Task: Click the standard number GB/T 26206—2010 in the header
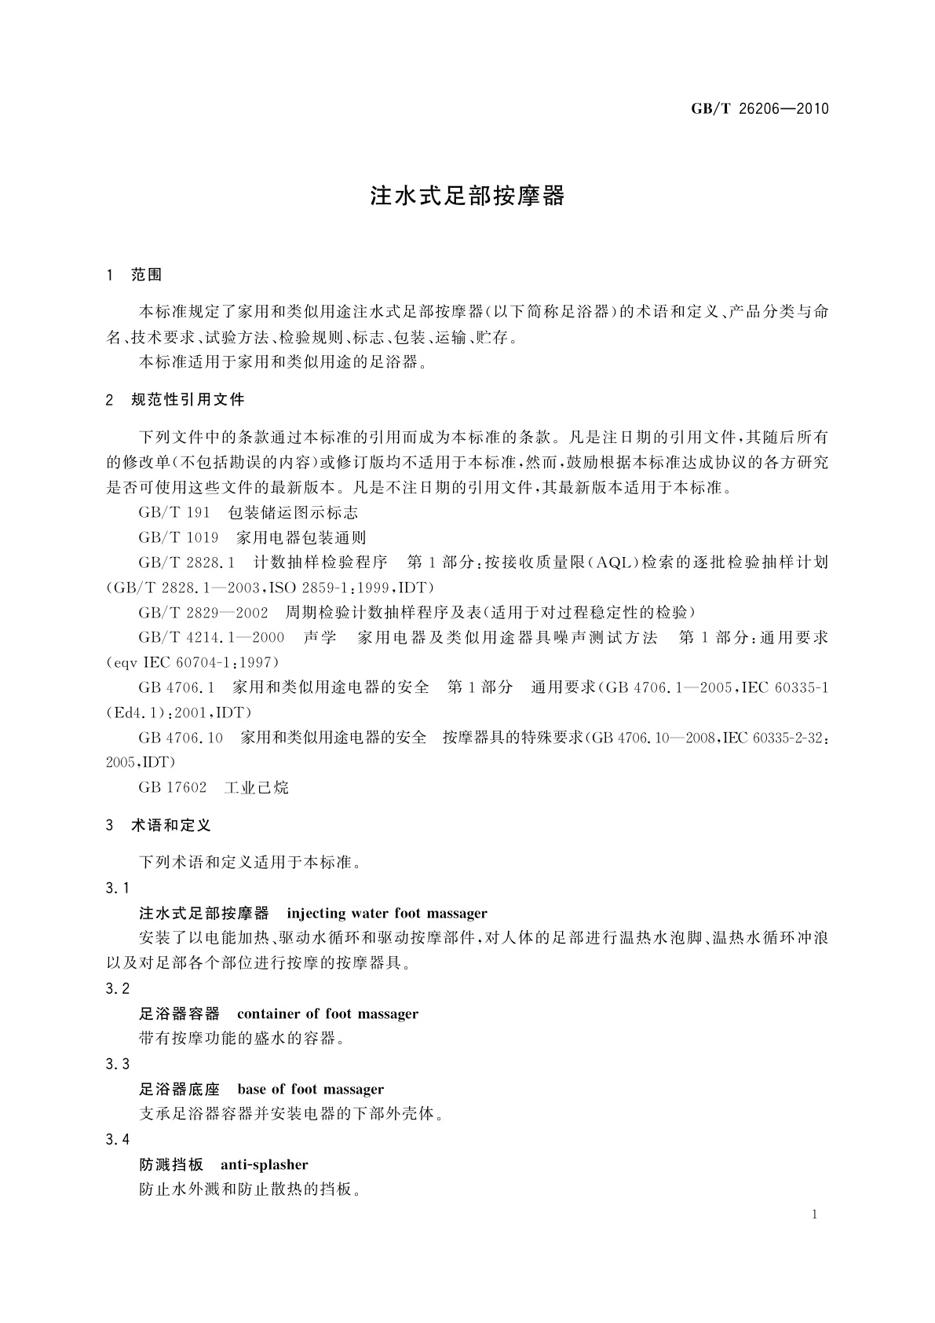point(759,109)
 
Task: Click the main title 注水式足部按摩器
point(467,196)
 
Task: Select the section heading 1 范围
point(134,274)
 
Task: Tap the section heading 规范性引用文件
point(188,400)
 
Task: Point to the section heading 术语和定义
point(171,826)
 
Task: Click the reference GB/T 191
point(174,513)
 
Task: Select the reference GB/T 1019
point(178,538)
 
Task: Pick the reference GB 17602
point(173,787)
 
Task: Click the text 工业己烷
point(257,787)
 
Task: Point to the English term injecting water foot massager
point(387,913)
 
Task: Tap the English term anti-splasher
point(265,1164)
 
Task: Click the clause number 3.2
point(118,988)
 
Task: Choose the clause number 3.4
point(118,1139)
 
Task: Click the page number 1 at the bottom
point(815,1215)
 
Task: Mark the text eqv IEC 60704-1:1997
point(194,662)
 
